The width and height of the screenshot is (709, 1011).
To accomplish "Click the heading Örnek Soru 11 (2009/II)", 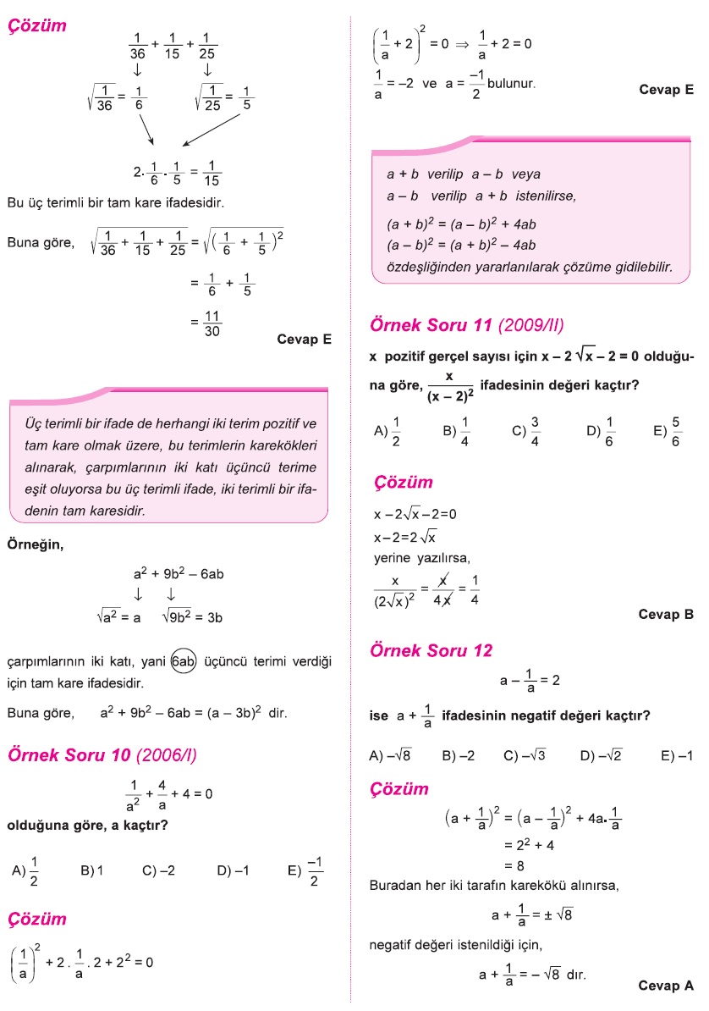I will [467, 325].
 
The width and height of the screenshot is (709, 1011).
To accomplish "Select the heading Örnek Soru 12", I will [431, 651].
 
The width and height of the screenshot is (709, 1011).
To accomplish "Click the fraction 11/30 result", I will [212, 323].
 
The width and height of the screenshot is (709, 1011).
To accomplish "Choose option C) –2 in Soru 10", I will [158, 870].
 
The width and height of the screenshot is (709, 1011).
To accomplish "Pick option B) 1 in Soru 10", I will [91, 870].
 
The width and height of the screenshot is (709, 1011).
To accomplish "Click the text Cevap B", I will [666, 615].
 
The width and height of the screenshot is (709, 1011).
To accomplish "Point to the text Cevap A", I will [666, 985].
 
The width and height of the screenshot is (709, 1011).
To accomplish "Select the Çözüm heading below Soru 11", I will [404, 483].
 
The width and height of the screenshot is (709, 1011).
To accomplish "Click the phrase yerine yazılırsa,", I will [421, 558].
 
